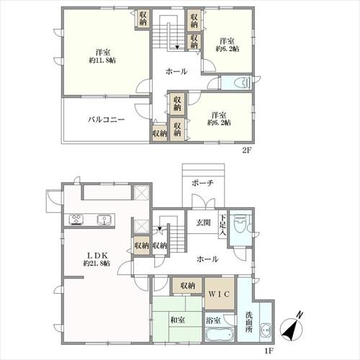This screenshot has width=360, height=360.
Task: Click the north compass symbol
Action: [292, 327]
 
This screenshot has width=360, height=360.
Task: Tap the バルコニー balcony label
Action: [106, 120]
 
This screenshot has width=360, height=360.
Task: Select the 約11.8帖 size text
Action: [102, 60]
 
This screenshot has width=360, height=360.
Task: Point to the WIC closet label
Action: [220, 294]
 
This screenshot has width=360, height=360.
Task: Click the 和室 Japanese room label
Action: [178, 320]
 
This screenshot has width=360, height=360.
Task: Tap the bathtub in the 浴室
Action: [220, 333]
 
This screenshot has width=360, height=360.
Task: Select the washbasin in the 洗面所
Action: [266, 330]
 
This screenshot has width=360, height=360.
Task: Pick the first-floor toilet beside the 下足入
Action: [240, 223]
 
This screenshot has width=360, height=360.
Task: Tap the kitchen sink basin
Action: [104, 220]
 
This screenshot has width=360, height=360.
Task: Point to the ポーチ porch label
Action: [202, 183]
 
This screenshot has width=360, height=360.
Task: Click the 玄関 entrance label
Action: [204, 222]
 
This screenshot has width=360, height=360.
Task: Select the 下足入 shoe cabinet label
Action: [222, 225]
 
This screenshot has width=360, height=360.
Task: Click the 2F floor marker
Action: [246, 150]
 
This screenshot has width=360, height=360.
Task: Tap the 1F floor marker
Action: [269, 351]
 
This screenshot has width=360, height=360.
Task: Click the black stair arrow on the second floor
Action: [177, 48]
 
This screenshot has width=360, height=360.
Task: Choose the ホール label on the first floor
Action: [207, 259]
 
